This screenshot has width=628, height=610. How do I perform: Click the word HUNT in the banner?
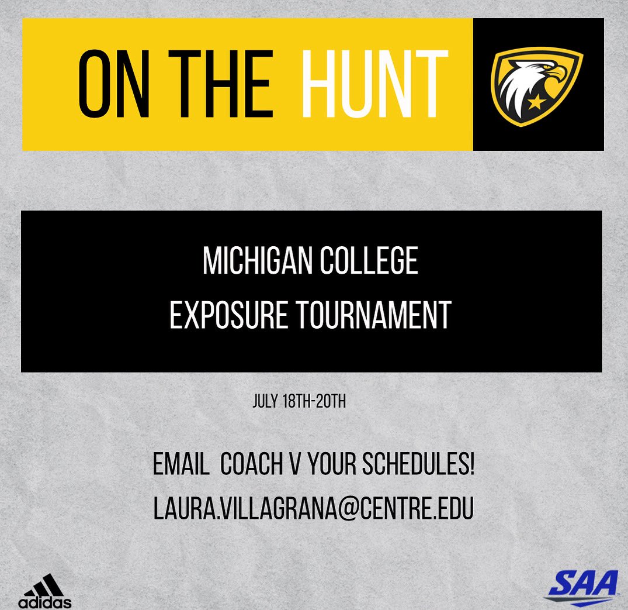click(375, 85)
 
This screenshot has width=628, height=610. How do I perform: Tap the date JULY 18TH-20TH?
click(300, 402)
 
